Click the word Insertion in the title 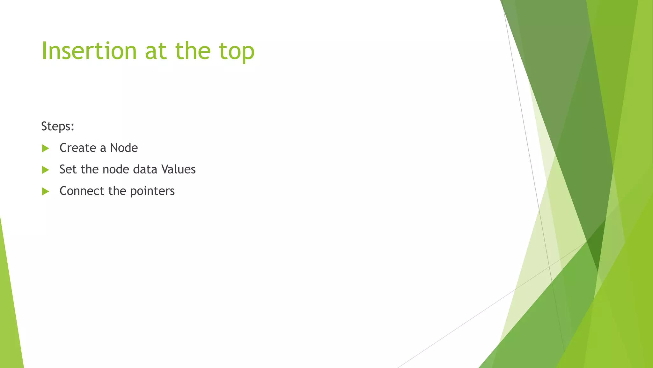pyautogui.click(x=89, y=51)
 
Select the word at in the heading pyautogui.click(x=156, y=51)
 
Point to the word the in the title pyautogui.click(x=193, y=51)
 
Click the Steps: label pyautogui.click(x=57, y=126)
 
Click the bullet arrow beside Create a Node pyautogui.click(x=45, y=148)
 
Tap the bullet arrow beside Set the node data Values pyautogui.click(x=45, y=170)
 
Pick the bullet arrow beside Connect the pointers pyautogui.click(x=45, y=191)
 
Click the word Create pyautogui.click(x=78, y=148)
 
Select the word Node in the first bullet pyautogui.click(x=124, y=148)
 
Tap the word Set pyautogui.click(x=68, y=169)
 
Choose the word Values pyautogui.click(x=178, y=169)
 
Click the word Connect pyautogui.click(x=82, y=191)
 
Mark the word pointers pyautogui.click(x=152, y=191)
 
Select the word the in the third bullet pyautogui.click(x=117, y=191)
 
